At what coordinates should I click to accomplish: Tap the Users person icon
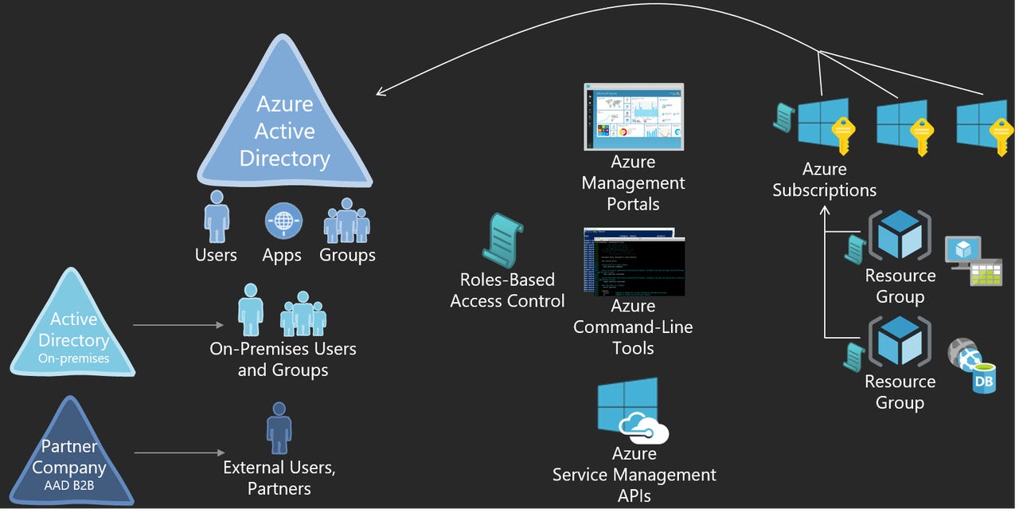pyautogui.click(x=217, y=217)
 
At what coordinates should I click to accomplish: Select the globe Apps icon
pyautogui.click(x=283, y=221)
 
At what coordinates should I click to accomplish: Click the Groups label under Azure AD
pyautogui.click(x=347, y=256)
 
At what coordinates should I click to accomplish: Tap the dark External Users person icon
pyautogui.click(x=278, y=429)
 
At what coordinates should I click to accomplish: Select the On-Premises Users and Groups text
pyautogui.click(x=283, y=359)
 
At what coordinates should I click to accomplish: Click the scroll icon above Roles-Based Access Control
pyautogui.click(x=502, y=240)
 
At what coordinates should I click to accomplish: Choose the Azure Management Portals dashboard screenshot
pyautogui.click(x=633, y=116)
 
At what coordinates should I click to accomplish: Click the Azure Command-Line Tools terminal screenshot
pyautogui.click(x=633, y=263)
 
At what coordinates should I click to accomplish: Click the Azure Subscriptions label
pyautogui.click(x=824, y=180)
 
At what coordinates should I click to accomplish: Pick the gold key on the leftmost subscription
pyautogui.click(x=842, y=135)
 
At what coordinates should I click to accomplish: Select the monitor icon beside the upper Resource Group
pyautogui.click(x=960, y=250)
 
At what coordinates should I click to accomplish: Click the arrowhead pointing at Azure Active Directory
pyautogui.click(x=380, y=93)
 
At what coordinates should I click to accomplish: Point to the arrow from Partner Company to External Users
pyautogui.click(x=179, y=453)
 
